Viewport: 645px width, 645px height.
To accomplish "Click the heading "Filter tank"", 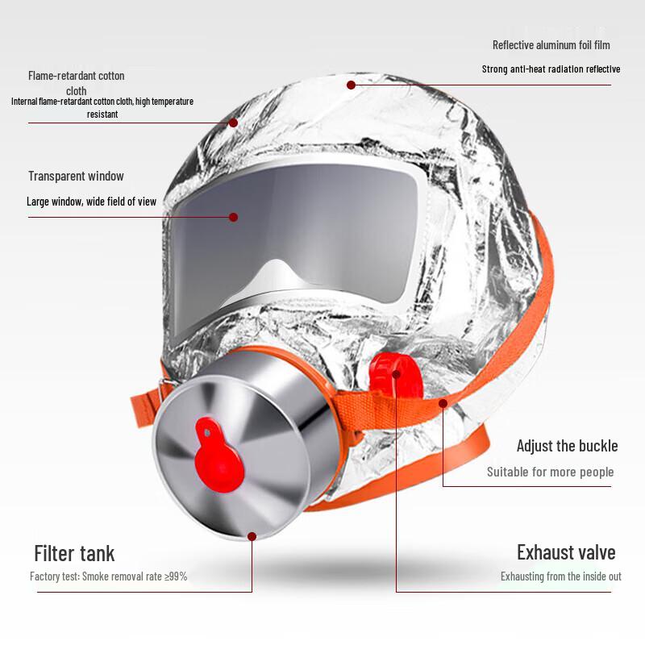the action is point(74,554).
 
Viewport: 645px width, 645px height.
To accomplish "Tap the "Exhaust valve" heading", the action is point(566,552).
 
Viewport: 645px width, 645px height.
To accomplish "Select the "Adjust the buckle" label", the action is point(567,446).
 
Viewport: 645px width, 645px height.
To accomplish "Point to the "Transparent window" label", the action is point(76,176).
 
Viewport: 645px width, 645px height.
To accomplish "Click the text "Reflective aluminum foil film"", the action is point(551,45).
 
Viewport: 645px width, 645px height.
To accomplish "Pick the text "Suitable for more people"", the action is point(550,472).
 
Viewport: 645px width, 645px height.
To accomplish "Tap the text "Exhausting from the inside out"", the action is point(560,576).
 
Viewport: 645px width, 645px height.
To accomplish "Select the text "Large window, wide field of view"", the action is point(91,202).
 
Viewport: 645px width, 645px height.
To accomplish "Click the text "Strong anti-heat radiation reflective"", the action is point(551,69).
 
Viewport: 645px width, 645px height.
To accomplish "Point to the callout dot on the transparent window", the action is point(233,217).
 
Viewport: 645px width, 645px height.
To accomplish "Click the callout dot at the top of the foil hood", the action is point(352,85).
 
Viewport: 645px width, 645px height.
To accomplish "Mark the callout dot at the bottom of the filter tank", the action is point(252,536).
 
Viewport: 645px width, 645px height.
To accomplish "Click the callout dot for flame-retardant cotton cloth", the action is point(233,123).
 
